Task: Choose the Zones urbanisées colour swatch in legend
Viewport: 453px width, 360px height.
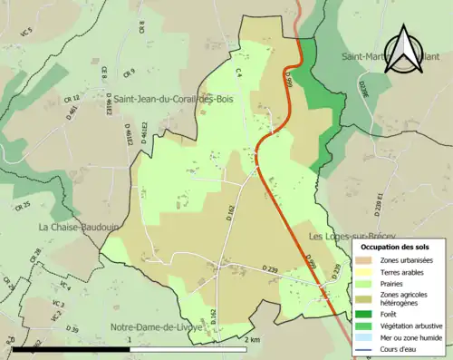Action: [x=369, y=260]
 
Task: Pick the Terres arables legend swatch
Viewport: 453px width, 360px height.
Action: [x=369, y=271]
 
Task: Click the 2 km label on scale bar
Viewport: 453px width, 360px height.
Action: [x=252, y=339]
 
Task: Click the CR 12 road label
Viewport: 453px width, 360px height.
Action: [x=72, y=97]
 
